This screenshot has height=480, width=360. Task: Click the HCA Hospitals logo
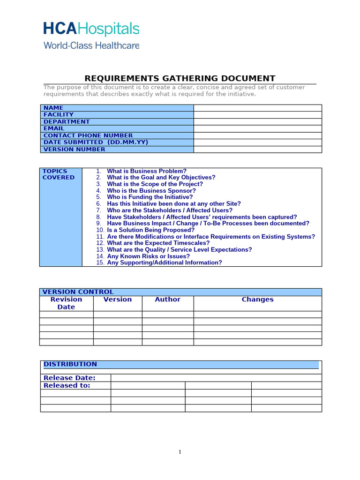(91, 29)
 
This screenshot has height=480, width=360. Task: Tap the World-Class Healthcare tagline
(91, 45)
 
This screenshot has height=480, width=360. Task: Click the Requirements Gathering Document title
(180, 78)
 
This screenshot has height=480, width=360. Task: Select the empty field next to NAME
(257, 108)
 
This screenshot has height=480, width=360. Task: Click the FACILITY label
(59, 114)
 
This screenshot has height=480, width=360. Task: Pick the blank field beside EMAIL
(257, 128)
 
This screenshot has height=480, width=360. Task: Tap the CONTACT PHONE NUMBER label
(88, 135)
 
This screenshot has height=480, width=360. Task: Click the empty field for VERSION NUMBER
(257, 150)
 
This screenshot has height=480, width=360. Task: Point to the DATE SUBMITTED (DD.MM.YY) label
(96, 142)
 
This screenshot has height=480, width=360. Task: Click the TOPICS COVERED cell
(59, 174)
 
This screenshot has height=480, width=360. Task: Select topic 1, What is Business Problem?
(146, 171)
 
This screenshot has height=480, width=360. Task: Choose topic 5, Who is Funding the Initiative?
(150, 197)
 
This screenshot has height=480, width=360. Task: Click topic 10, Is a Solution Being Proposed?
(150, 230)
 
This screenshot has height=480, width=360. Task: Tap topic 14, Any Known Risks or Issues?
(148, 256)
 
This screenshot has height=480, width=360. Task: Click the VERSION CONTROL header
(78, 292)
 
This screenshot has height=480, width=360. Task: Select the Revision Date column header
(66, 303)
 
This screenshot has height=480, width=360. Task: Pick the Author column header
(167, 300)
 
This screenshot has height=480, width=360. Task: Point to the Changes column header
(257, 300)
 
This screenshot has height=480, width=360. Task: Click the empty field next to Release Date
(216, 378)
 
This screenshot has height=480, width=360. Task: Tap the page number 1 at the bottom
(180, 452)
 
